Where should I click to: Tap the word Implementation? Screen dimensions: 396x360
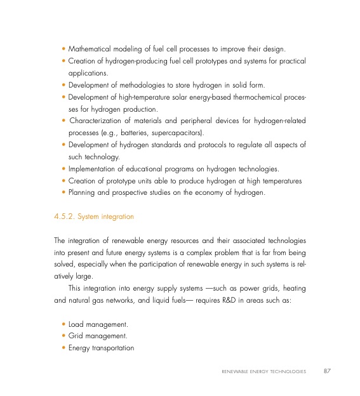(92, 169)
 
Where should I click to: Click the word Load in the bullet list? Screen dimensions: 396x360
(76, 324)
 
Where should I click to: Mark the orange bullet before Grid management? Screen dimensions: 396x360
(63, 336)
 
